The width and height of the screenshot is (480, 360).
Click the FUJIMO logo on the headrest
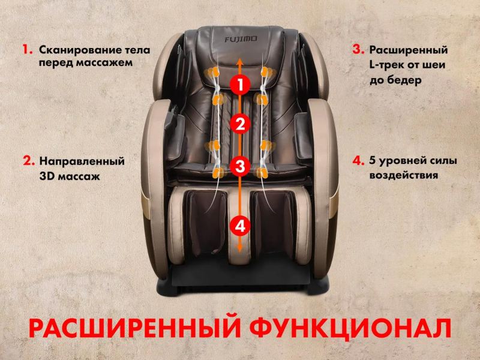point(241,39)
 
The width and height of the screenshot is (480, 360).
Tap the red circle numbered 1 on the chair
point(241,84)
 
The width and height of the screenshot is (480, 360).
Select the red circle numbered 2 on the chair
point(241,125)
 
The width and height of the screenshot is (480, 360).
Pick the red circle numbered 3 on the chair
point(241,167)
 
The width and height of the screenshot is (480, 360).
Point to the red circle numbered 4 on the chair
point(241,226)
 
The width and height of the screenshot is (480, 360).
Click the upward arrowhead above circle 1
point(241,61)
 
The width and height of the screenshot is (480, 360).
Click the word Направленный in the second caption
point(82,161)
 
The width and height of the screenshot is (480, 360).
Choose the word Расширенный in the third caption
point(409,50)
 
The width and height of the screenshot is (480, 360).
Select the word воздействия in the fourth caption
point(404,176)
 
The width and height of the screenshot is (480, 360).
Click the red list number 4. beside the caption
point(358,161)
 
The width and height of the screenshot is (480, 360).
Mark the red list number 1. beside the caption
point(28,50)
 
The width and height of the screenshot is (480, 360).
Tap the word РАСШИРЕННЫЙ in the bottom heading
point(134,328)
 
